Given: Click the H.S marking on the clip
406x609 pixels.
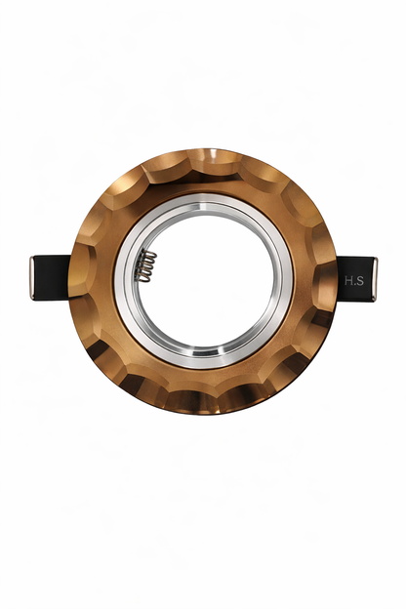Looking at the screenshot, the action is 354,280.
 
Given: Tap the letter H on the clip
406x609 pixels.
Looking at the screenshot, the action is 347,280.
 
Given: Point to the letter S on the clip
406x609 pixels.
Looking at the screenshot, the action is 360,280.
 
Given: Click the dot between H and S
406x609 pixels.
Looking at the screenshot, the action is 354,284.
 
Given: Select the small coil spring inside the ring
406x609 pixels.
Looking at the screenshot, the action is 147,266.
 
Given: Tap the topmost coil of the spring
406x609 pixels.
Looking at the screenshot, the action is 149,254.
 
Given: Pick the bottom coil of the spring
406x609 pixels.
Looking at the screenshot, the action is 145,278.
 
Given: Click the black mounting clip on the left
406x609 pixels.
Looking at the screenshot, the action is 51,277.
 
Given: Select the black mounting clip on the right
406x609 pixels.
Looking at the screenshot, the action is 356,279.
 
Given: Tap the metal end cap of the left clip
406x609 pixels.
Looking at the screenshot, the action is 32,278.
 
